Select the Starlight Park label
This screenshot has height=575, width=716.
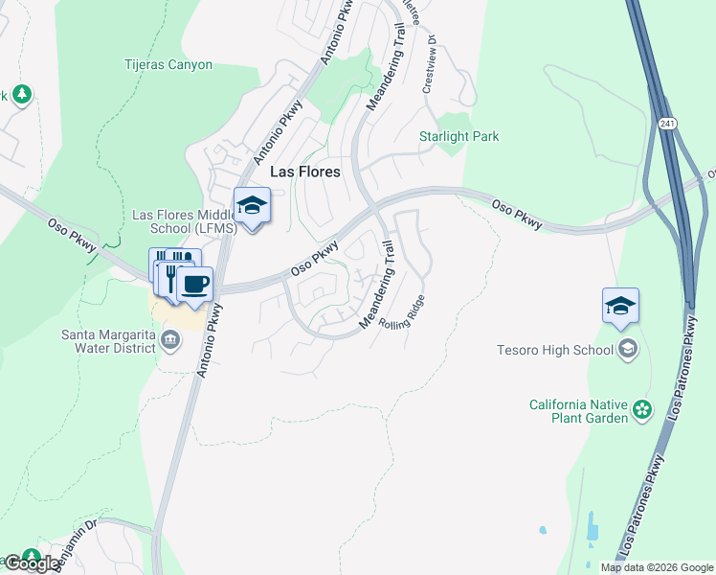[459, 137]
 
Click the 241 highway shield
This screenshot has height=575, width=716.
[667, 124]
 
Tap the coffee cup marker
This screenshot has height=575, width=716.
[196, 285]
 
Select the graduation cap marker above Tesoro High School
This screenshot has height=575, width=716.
[620, 307]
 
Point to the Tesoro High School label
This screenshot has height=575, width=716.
[555, 350]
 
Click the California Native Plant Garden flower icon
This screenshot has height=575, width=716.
[642, 411]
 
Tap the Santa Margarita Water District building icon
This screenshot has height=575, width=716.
[170, 338]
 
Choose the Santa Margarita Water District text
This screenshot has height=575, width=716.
[107, 341]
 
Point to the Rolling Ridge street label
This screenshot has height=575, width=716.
[401, 312]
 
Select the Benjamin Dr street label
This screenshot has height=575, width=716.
[77, 543]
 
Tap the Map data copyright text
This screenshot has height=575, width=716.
[657, 567]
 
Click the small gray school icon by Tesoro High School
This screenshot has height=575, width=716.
[627, 349]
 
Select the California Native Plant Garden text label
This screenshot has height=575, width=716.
[580, 411]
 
